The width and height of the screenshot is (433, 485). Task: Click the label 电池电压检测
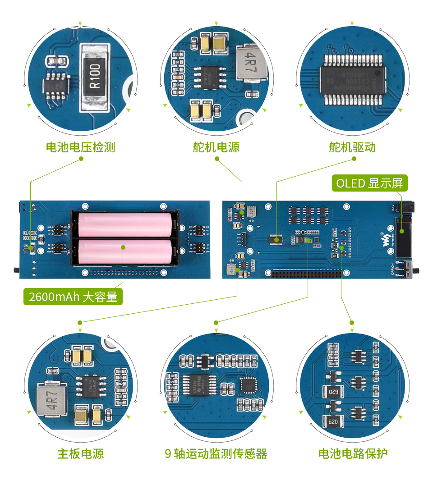81,147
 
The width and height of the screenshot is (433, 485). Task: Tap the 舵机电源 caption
216,147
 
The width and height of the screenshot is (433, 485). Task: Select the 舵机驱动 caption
352,147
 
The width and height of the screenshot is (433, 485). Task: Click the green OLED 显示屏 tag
369,183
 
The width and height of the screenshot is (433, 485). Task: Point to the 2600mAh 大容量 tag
73,297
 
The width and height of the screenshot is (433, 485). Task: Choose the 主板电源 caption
81,453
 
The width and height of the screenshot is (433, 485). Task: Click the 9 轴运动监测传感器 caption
216,453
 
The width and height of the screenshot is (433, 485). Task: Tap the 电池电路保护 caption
353,453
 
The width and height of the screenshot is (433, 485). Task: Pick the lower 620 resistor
333,422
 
